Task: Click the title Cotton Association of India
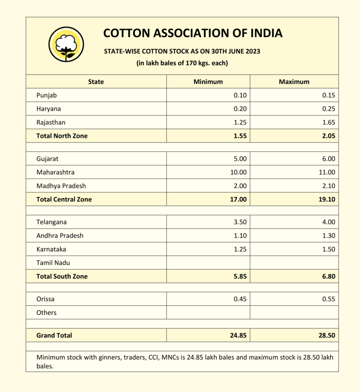click(x=193, y=33)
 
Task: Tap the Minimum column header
click(x=208, y=82)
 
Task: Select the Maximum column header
click(x=294, y=82)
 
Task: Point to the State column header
click(x=96, y=82)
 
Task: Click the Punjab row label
click(x=47, y=95)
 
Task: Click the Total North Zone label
click(x=62, y=136)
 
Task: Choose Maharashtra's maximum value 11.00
click(x=326, y=172)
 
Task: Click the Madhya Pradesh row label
click(x=61, y=186)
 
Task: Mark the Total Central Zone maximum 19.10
click(x=326, y=199)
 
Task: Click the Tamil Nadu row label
click(x=54, y=263)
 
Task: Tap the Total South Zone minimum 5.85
click(x=239, y=276)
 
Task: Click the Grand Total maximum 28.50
click(x=326, y=335)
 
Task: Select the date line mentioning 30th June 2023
click(x=182, y=51)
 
